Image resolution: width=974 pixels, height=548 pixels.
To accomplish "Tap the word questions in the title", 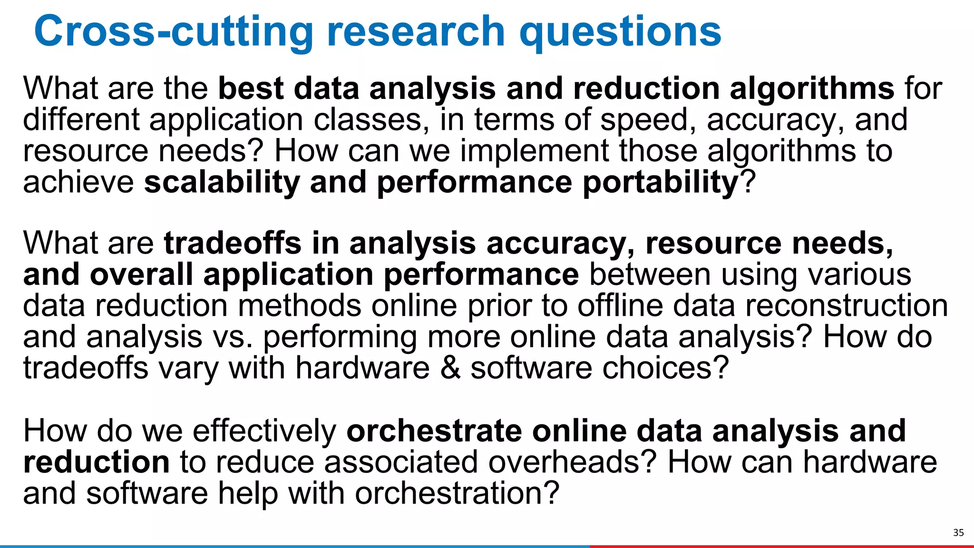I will tap(620, 31).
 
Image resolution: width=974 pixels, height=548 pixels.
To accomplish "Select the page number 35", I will tap(958, 532).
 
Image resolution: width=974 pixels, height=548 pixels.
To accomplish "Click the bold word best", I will tap(251, 89).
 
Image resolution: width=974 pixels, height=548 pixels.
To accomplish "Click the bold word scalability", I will tap(222, 183).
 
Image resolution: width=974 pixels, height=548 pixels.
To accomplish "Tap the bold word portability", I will tap(660, 183).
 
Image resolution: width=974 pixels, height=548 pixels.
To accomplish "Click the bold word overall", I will tap(141, 275).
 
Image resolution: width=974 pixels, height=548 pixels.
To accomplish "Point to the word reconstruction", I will tap(846, 306).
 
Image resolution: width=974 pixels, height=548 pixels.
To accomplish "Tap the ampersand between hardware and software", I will tap(450, 368).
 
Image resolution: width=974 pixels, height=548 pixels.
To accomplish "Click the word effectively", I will tap(264, 431).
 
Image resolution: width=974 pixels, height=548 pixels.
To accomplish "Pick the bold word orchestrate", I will tap(434, 431).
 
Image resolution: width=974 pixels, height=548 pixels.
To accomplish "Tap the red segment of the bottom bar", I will tap(780, 546).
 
